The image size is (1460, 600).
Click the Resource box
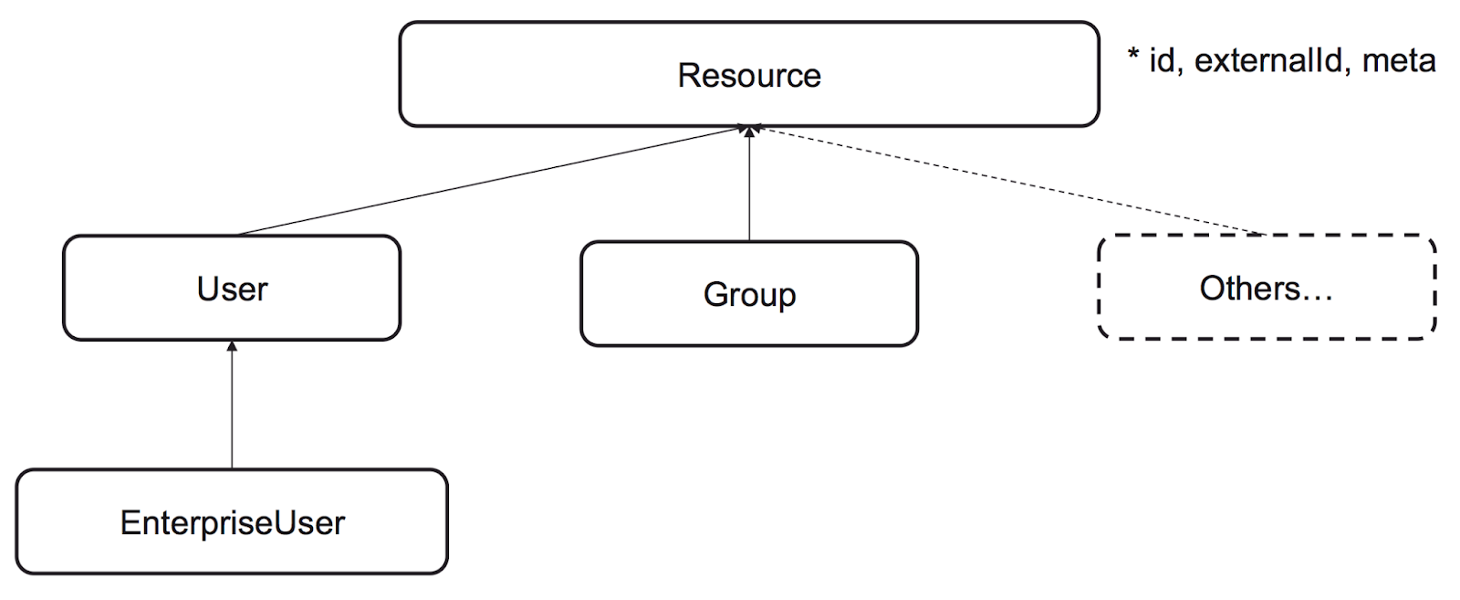[749, 74]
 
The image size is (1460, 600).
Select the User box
[232, 288]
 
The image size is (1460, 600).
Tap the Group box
[749, 293]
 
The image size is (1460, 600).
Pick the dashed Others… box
[1267, 287]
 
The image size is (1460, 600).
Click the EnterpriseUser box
[232, 521]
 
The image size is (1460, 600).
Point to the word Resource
[749, 75]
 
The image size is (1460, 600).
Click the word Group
[749, 296]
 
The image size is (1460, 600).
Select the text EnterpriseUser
[232, 522]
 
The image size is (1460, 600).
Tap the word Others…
[1266, 289]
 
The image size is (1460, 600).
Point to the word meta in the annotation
[1399, 60]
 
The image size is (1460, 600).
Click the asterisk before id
[1132, 54]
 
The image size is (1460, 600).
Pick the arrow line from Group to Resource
[749, 184]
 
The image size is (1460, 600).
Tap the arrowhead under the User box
[232, 346]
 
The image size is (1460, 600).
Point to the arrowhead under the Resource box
[749, 132]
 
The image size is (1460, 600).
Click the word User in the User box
[232, 289]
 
